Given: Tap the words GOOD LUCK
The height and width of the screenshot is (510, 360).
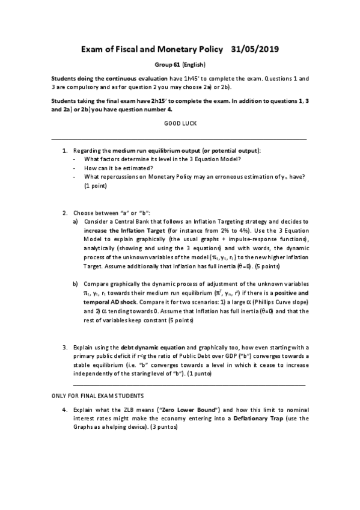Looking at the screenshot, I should point(180,123).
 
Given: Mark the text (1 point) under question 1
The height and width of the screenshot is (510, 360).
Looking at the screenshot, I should point(96,186).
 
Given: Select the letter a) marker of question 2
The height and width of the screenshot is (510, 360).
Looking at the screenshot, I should point(75,222).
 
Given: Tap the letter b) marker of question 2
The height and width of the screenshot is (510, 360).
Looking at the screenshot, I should point(75,283).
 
